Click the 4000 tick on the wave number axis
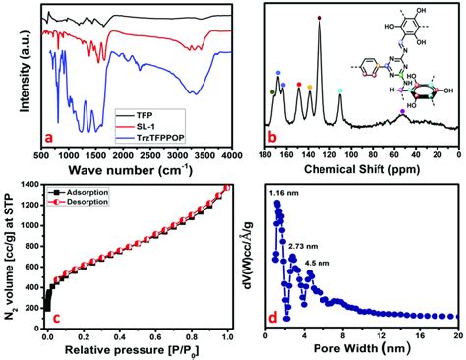(227, 155)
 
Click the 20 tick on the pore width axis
(455, 336)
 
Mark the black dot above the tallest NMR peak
(320, 18)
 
